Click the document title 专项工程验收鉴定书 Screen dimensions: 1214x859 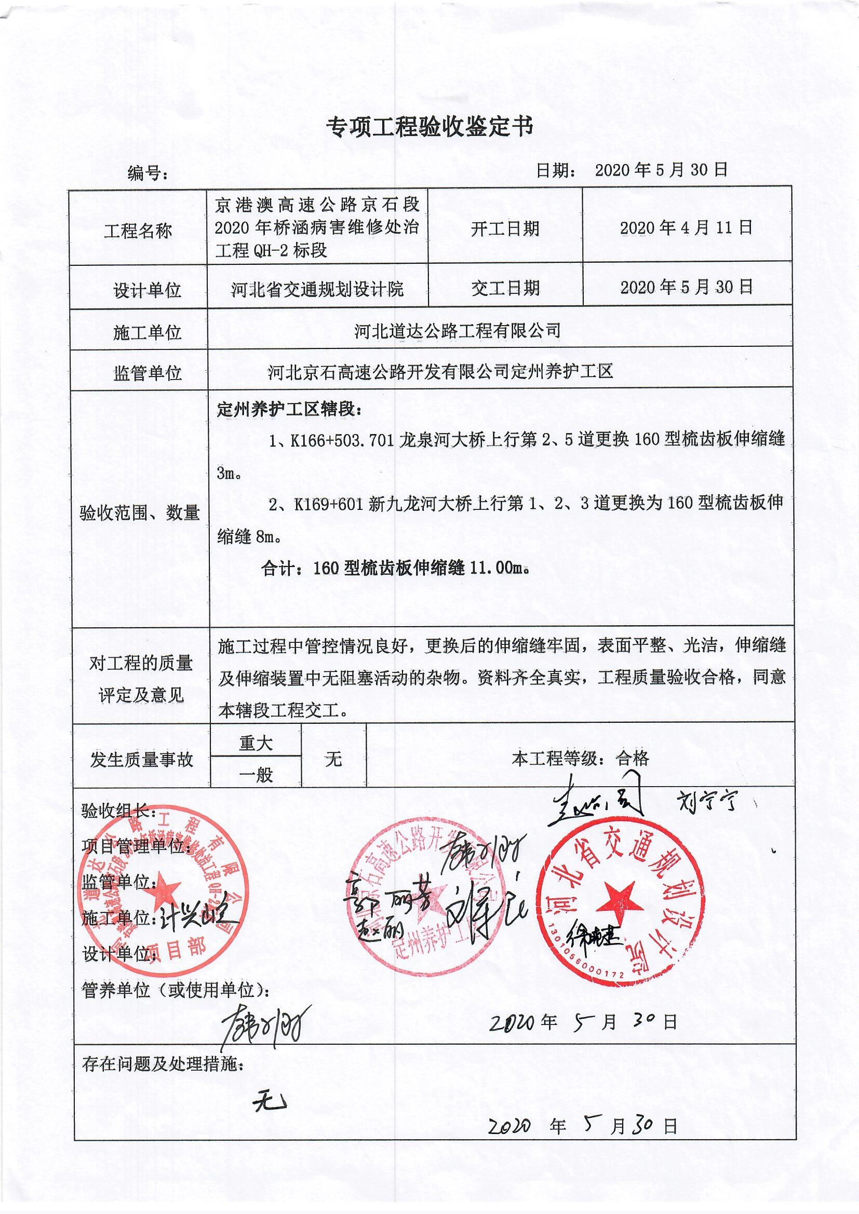point(429,127)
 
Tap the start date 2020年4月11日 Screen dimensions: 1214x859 point(686,228)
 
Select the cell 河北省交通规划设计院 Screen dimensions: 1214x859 point(317,289)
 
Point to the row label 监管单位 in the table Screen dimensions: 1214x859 point(147,373)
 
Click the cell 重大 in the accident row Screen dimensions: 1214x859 point(256,744)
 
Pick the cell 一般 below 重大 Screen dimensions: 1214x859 point(256,775)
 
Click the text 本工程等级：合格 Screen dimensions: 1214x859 point(580,759)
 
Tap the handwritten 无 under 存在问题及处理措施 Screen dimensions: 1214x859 point(270,1102)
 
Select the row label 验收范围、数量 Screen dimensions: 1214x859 point(140,512)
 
